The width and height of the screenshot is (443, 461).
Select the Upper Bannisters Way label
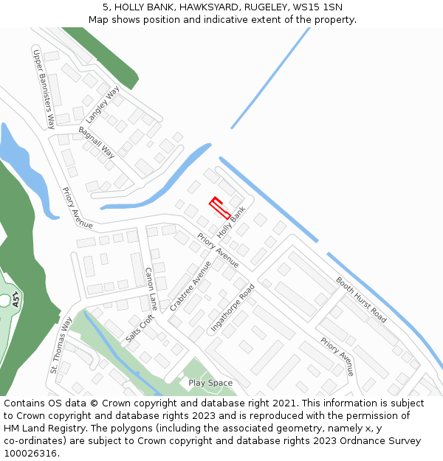point(44,86)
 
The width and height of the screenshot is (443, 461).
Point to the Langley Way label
point(102,105)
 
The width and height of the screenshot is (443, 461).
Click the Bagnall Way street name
point(97,142)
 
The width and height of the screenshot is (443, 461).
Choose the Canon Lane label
point(151,288)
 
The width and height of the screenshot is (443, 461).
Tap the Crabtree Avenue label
point(190,285)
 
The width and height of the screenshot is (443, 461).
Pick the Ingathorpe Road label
point(233,307)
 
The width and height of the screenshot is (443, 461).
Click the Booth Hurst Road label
point(361,299)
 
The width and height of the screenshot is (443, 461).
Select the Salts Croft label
point(140,328)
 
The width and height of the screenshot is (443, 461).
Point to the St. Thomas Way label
point(61,345)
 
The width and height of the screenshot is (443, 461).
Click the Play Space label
point(210,383)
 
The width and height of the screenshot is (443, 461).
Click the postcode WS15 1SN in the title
point(317,7)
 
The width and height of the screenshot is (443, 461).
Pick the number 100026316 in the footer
point(30,453)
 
